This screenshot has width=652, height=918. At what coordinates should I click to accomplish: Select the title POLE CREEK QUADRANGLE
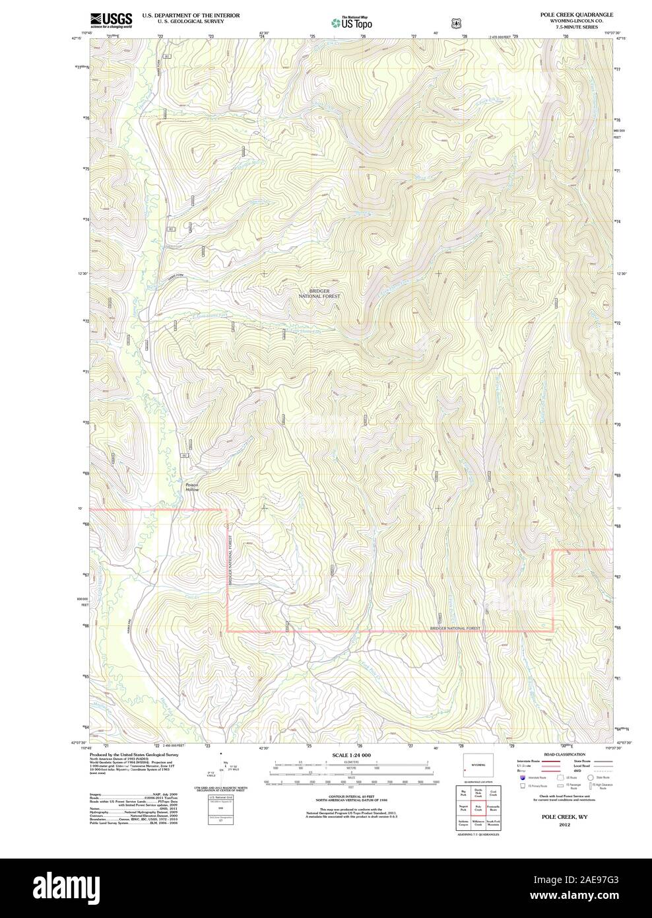[x=575, y=14]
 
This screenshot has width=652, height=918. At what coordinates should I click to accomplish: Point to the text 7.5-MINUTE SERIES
[x=575, y=26]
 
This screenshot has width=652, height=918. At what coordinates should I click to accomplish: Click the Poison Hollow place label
[x=191, y=486]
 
